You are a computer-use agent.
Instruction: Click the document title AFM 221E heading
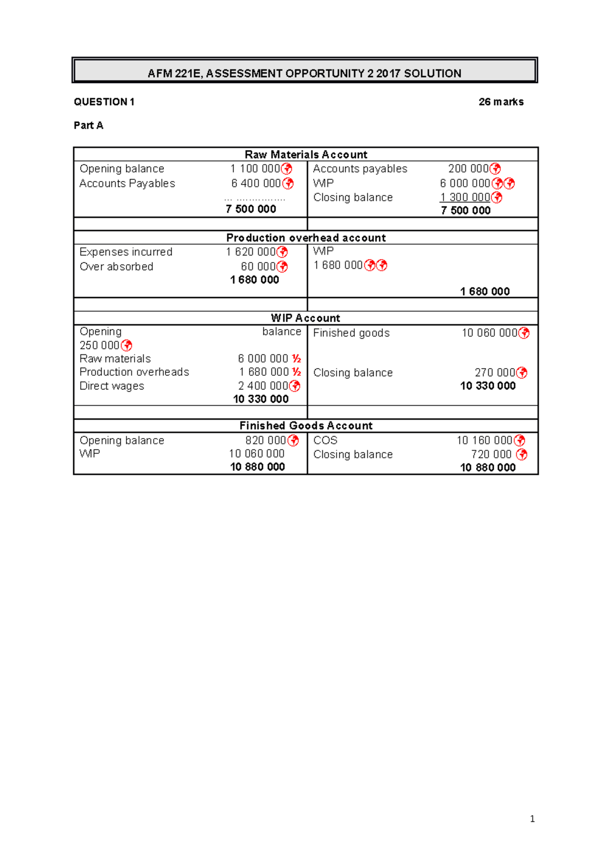click(304, 74)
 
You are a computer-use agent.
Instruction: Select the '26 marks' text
click(500, 102)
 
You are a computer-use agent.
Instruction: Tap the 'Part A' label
click(88, 125)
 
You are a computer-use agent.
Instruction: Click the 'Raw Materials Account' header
click(306, 155)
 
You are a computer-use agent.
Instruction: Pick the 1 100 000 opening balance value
click(255, 169)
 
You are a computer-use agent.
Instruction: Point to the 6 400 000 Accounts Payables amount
click(256, 184)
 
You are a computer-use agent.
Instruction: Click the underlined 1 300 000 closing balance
click(465, 197)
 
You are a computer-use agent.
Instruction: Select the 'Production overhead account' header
click(306, 238)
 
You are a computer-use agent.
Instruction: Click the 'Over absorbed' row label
click(116, 267)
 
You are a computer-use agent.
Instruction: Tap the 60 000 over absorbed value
click(258, 267)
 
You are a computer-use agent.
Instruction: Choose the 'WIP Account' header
click(306, 318)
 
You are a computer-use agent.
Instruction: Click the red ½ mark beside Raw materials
click(296, 359)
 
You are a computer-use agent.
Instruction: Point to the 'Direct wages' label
click(112, 386)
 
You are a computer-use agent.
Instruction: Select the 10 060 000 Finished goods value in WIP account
click(489, 333)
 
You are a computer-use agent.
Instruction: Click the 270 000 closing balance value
click(495, 373)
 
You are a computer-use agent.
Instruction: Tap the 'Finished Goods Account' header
click(306, 426)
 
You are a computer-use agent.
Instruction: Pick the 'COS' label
click(325, 440)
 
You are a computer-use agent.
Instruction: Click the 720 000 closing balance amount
click(491, 454)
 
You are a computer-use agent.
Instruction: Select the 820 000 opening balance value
click(265, 440)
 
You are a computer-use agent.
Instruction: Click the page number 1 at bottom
click(532, 819)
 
